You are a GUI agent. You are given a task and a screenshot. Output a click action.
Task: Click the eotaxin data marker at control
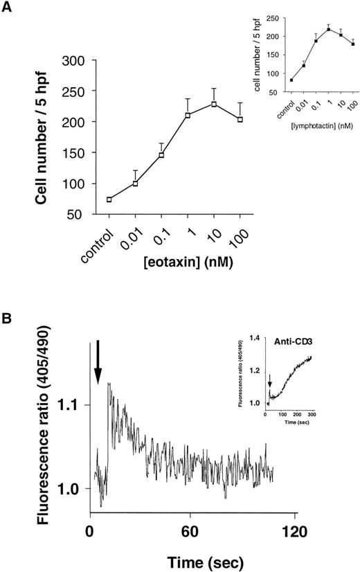click(109, 199)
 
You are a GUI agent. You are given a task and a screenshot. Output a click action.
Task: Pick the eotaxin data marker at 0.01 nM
click(136, 184)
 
